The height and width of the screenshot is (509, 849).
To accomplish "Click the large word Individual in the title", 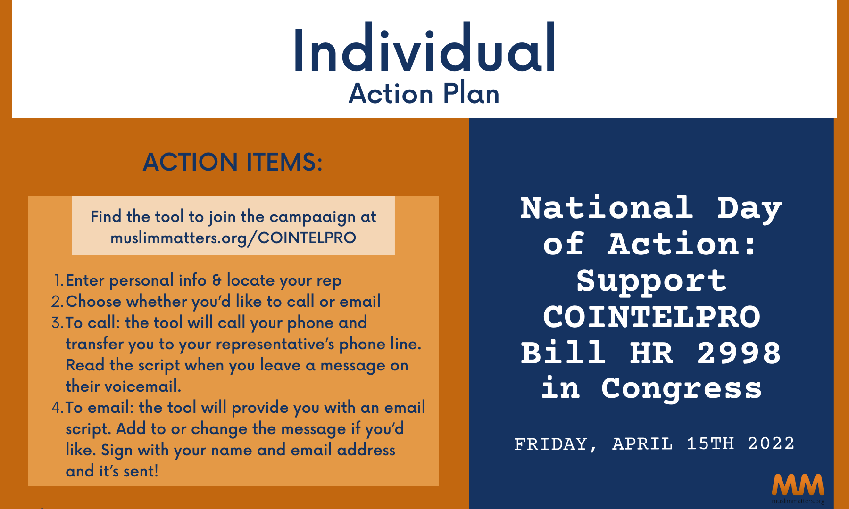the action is (424, 49).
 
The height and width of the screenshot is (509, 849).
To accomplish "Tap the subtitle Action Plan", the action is (424, 93).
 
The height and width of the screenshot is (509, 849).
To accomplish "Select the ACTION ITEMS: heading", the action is (233, 162).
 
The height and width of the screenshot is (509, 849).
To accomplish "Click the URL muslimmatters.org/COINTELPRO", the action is (233, 238).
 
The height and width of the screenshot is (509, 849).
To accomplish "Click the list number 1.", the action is (58, 280).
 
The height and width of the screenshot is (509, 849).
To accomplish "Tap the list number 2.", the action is (57, 301).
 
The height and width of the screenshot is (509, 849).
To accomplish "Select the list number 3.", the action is (57, 322).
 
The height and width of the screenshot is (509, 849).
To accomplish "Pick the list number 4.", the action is (57, 407).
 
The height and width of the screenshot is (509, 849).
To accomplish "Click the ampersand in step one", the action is (216, 280).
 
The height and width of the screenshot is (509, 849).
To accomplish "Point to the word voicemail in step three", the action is (142, 386).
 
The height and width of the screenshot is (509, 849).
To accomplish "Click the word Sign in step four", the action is (117, 451).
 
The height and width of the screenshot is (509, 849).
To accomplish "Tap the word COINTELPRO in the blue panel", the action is (651, 317).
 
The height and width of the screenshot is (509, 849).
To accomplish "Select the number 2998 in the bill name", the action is (739, 353).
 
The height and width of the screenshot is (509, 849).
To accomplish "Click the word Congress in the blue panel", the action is (681, 389).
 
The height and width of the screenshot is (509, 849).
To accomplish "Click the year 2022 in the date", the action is (771, 443).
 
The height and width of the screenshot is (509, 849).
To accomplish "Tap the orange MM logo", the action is (798, 485).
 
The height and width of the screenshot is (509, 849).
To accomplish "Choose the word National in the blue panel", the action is (607, 208).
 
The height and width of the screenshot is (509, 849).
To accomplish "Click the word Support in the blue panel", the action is (651, 281).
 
